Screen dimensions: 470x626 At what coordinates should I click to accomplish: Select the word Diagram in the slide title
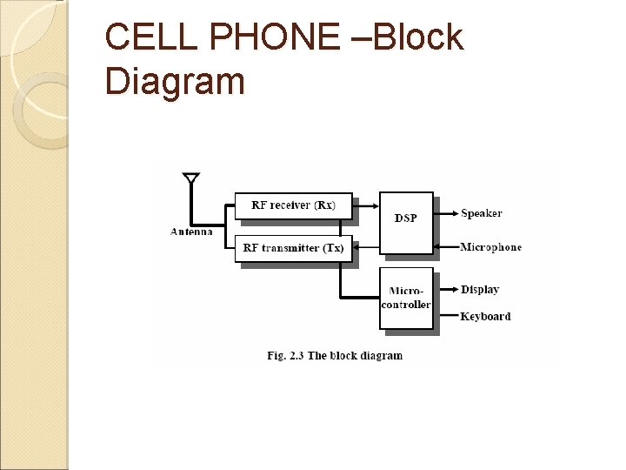tap(174, 82)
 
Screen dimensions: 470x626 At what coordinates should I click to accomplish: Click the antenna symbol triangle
tap(191, 178)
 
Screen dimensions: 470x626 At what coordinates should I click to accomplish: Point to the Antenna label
tap(191, 232)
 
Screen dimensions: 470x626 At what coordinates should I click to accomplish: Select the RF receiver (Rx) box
tap(293, 205)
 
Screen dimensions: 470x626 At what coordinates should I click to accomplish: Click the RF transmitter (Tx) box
tap(293, 248)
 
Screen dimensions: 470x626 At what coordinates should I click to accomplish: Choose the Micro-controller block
tap(406, 298)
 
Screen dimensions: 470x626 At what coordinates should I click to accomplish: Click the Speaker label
tap(481, 213)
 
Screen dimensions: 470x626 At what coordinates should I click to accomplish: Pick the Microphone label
tap(490, 247)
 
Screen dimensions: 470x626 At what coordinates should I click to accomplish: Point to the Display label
tap(479, 289)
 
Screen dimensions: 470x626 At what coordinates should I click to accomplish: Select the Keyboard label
tap(485, 316)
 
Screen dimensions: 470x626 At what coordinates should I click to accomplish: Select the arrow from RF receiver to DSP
tap(366, 206)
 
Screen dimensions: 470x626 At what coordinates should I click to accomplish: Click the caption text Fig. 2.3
tap(286, 355)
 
